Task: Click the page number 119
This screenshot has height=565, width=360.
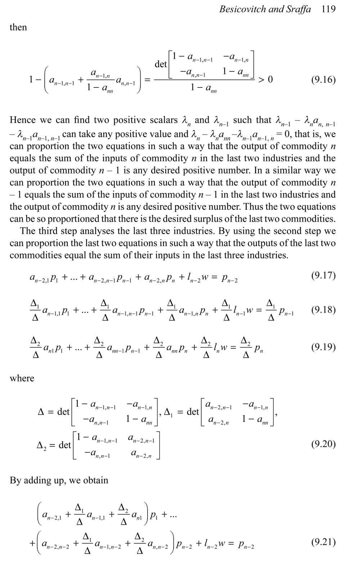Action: pos(328,9)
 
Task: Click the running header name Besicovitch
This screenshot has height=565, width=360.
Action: pos(243,9)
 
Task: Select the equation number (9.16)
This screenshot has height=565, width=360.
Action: pos(323,79)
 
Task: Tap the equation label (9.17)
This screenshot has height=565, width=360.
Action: pos(323,276)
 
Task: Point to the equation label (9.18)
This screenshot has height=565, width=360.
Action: pos(323,310)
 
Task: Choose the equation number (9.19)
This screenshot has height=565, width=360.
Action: pos(323,347)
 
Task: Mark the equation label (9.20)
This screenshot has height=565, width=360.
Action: pos(323,444)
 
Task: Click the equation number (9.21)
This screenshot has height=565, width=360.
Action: pos(323,542)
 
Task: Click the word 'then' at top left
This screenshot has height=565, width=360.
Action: pos(18,27)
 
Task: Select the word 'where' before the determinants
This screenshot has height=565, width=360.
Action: pos(22,378)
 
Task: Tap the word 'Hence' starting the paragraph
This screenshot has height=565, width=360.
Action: pos(22,120)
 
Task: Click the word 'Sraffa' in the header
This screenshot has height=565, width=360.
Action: pos(298,9)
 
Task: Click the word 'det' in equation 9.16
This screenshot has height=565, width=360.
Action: pos(161,64)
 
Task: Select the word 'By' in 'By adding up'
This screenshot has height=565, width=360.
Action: pos(15,480)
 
